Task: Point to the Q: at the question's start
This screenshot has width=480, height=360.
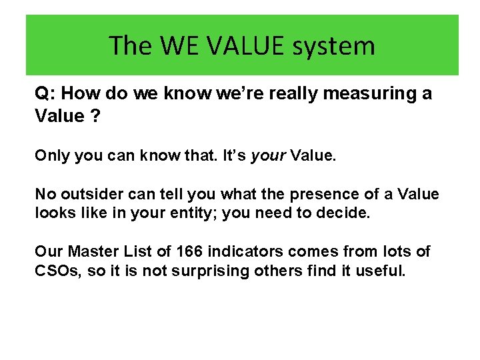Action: (45, 94)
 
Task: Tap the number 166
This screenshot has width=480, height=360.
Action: (190, 252)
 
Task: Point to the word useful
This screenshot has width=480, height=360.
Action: (379, 271)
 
